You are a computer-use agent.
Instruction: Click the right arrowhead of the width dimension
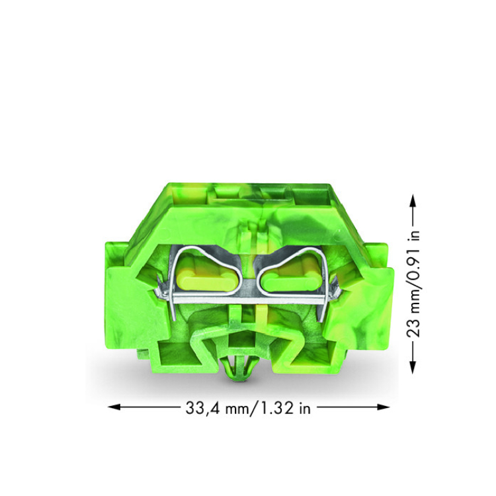coord(383,407)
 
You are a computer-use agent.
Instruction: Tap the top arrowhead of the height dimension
coord(413,200)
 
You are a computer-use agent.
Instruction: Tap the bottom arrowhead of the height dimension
coord(413,367)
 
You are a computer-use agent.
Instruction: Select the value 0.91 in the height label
coord(413,261)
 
